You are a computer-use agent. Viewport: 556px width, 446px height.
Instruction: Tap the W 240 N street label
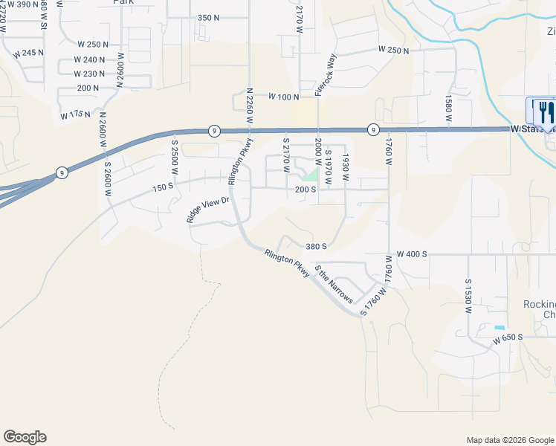click(x=89, y=59)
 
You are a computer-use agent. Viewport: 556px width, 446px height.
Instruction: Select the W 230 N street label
click(x=89, y=74)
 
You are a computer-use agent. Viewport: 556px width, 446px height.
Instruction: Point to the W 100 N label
click(x=283, y=97)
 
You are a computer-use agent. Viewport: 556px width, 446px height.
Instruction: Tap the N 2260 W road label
click(x=250, y=104)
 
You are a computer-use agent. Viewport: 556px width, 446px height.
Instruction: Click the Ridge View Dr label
click(x=208, y=210)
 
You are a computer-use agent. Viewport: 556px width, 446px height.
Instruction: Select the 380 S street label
click(x=316, y=246)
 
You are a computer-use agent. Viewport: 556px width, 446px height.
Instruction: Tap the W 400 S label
click(x=411, y=254)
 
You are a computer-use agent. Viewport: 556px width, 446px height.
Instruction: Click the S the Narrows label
click(x=333, y=284)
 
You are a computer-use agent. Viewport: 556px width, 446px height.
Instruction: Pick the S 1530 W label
click(x=469, y=295)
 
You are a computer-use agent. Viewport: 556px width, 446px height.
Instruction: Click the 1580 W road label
click(x=448, y=106)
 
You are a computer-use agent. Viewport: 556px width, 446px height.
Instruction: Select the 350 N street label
click(x=209, y=17)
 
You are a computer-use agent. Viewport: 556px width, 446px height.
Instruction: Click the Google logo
click(x=25, y=437)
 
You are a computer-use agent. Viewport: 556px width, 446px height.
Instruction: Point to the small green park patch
click(x=311, y=176)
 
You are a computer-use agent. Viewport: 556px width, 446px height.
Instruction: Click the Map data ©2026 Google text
click(x=509, y=440)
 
